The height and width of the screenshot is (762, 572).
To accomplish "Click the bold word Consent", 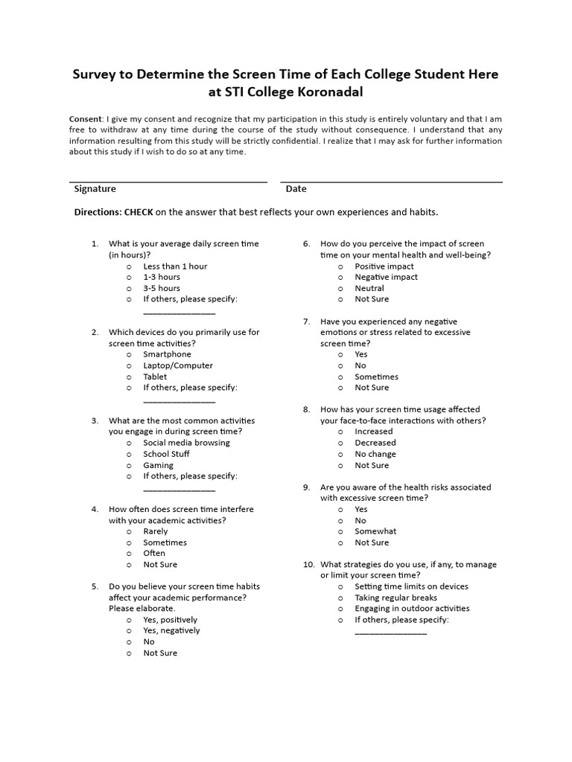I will point(86,119).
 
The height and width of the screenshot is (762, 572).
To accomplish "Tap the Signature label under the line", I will point(95,189).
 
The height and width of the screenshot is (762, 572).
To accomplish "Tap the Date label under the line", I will point(296,189).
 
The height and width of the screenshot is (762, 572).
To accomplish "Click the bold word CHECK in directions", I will point(139,212).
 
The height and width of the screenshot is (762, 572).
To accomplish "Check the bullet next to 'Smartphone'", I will point(129,355).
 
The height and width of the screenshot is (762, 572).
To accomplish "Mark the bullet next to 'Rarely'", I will point(129,532).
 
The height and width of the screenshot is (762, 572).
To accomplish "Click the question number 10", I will point(309,565).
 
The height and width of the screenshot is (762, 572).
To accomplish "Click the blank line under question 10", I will point(391,633).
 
